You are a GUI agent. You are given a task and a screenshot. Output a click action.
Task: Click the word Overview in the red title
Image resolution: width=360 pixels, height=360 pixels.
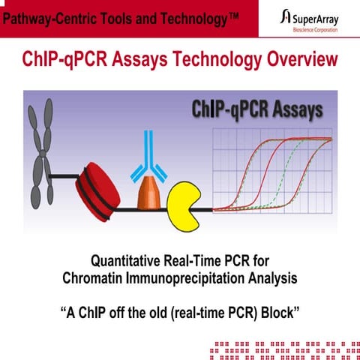[x=297, y=59]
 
